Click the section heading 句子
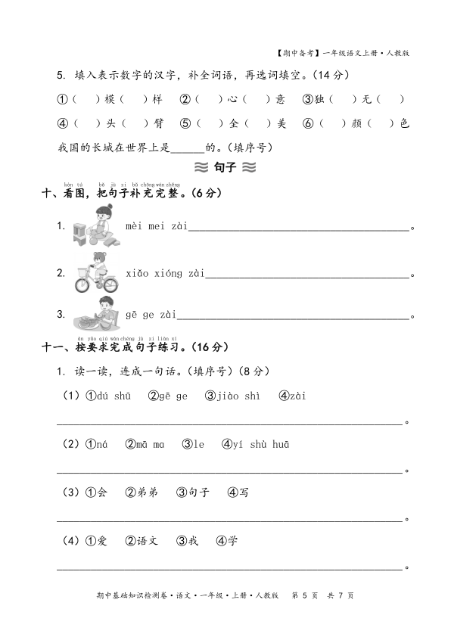point(225,168)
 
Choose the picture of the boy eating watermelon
point(97,312)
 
